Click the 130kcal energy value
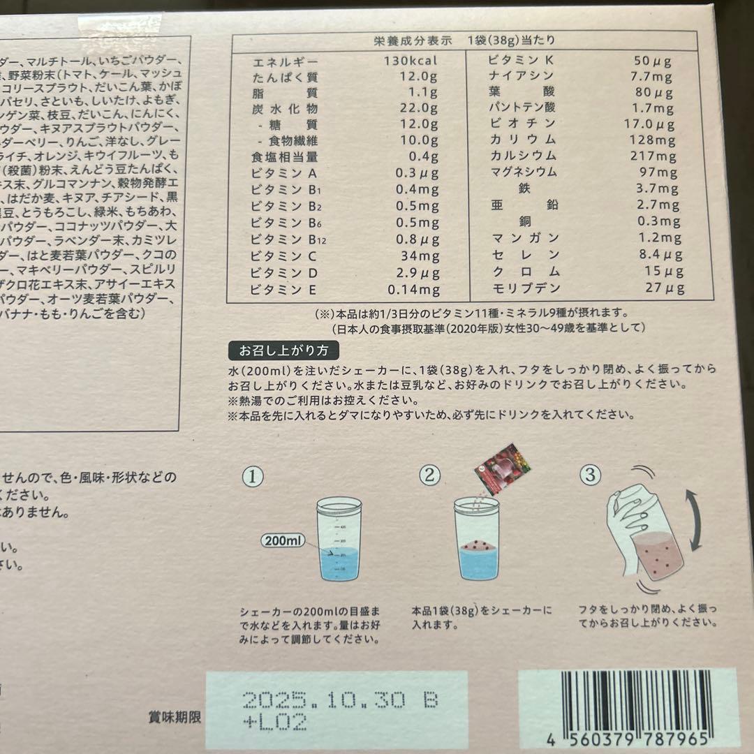click(410, 60)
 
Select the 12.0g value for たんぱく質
click(418, 76)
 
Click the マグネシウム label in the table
click(524, 172)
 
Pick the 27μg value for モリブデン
click(664, 288)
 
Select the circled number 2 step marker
click(430, 476)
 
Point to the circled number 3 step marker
click(590, 476)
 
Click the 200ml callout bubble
click(283, 540)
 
